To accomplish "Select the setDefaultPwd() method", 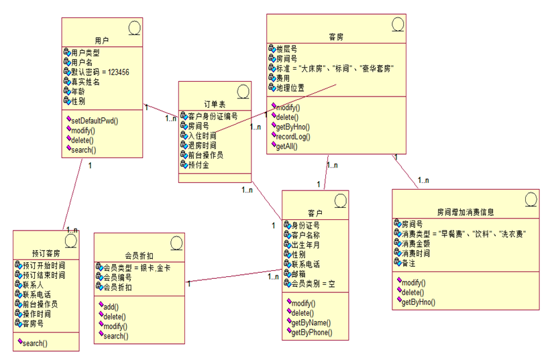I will [x=94, y=121].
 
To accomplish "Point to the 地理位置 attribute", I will [x=290, y=88].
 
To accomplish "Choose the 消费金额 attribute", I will [x=416, y=244].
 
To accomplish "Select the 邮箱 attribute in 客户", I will [x=298, y=274].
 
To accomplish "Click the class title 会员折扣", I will [x=140, y=255].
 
